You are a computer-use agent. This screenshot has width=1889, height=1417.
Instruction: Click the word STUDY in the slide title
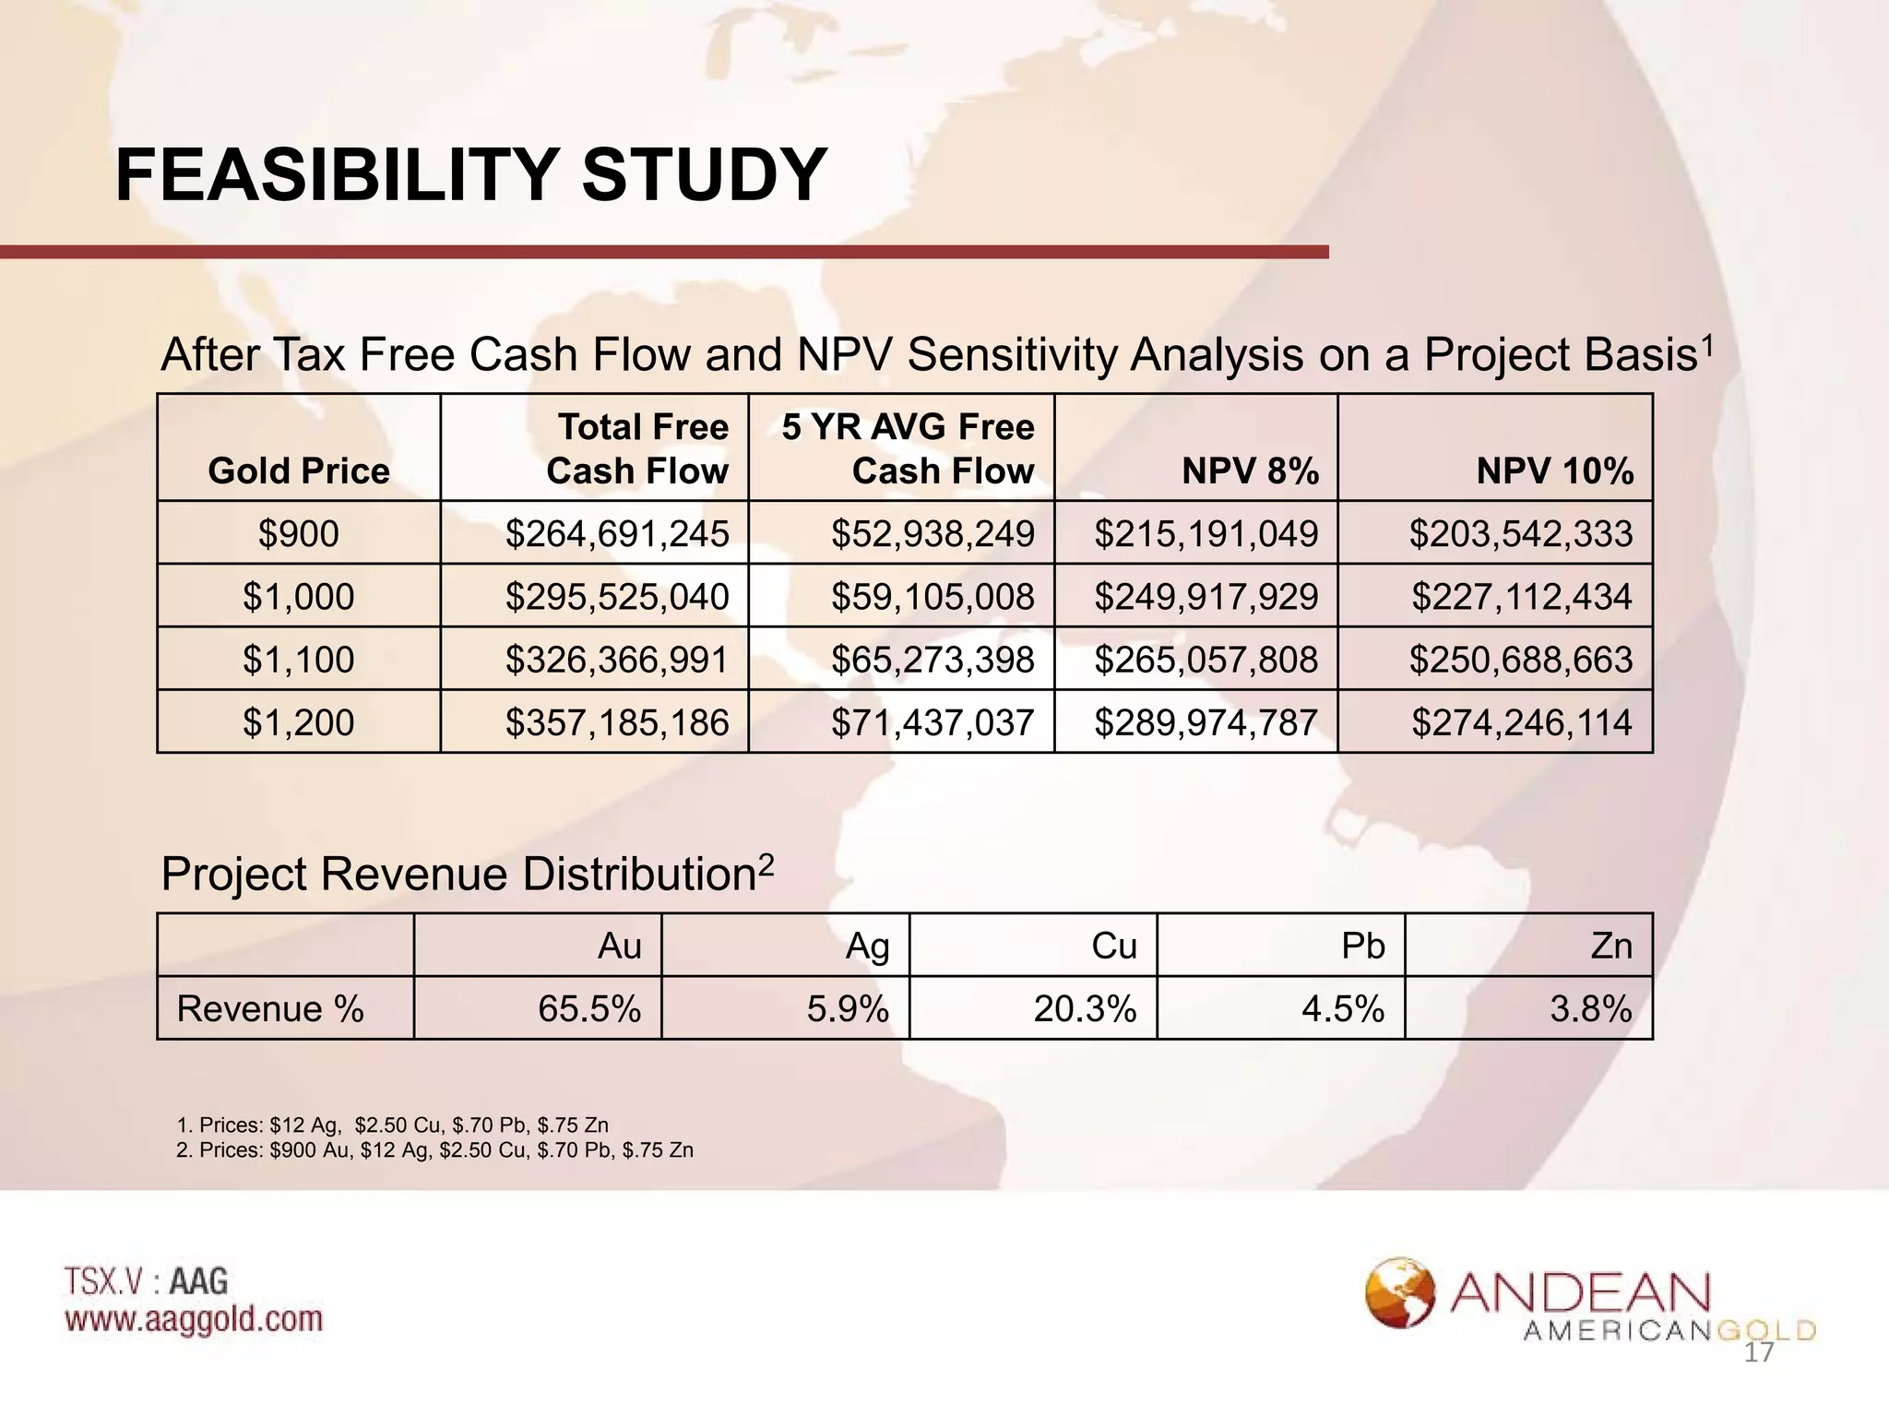(x=703, y=174)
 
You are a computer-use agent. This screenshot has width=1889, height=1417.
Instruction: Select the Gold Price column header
(x=299, y=471)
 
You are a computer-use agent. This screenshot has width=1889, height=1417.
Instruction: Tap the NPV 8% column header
(x=1250, y=471)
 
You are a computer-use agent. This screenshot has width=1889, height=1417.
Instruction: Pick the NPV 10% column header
(x=1554, y=471)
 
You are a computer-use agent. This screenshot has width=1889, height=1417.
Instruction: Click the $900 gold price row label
(x=299, y=534)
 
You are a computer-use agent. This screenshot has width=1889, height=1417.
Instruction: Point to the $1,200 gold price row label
(x=299, y=721)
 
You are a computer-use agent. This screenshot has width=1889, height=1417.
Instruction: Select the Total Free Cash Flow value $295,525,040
(x=617, y=597)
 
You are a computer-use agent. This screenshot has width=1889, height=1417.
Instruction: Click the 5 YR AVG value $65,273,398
(x=933, y=660)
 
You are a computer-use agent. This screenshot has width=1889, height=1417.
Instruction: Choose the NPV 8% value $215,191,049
(x=1206, y=534)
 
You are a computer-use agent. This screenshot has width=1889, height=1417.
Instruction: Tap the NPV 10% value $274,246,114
(x=1522, y=721)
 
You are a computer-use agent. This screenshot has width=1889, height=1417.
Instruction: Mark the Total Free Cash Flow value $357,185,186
(x=617, y=721)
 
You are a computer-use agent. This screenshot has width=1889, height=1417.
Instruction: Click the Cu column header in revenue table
(x=1113, y=947)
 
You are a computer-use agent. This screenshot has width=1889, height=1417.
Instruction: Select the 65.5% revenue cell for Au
(x=589, y=1009)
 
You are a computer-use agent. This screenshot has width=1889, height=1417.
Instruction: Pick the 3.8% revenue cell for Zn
(x=1591, y=1009)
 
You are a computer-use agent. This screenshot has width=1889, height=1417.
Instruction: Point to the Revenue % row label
(x=270, y=1009)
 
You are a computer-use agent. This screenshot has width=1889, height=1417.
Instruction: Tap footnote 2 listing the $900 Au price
(x=434, y=1150)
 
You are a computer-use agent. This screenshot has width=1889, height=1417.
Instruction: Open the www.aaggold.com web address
(x=194, y=1319)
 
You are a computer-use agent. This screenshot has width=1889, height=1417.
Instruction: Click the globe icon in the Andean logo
(x=1400, y=1292)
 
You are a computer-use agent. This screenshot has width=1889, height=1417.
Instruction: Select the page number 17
(x=1759, y=1353)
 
